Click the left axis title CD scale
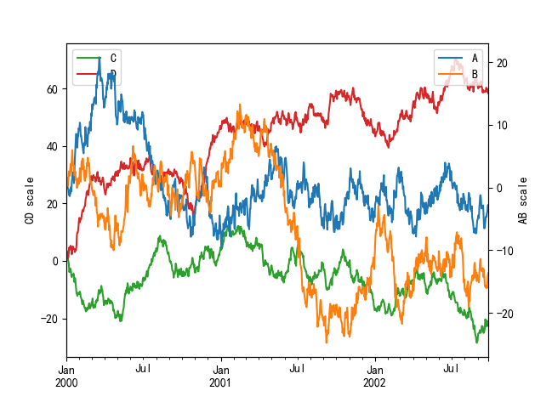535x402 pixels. [x=30, y=201]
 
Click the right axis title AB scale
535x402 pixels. [x=523, y=201]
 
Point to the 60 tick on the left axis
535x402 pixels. [x=52, y=89]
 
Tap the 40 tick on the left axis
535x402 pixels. [x=52, y=146]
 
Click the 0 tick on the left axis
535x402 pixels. [x=55, y=261]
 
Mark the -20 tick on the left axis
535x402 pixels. [x=49, y=319]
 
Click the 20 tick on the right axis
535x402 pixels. [x=502, y=63]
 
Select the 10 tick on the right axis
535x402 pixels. [x=502, y=126]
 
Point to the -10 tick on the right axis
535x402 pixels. [x=504, y=251]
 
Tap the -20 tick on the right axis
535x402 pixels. [x=504, y=314]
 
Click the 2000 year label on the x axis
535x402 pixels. [x=67, y=383]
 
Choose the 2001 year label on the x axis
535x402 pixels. [x=221, y=383]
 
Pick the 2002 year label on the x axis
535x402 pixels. [x=375, y=383]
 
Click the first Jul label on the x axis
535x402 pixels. [x=143, y=370]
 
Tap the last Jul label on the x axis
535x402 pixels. [x=452, y=370]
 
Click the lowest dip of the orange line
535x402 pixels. [x=326, y=342]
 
